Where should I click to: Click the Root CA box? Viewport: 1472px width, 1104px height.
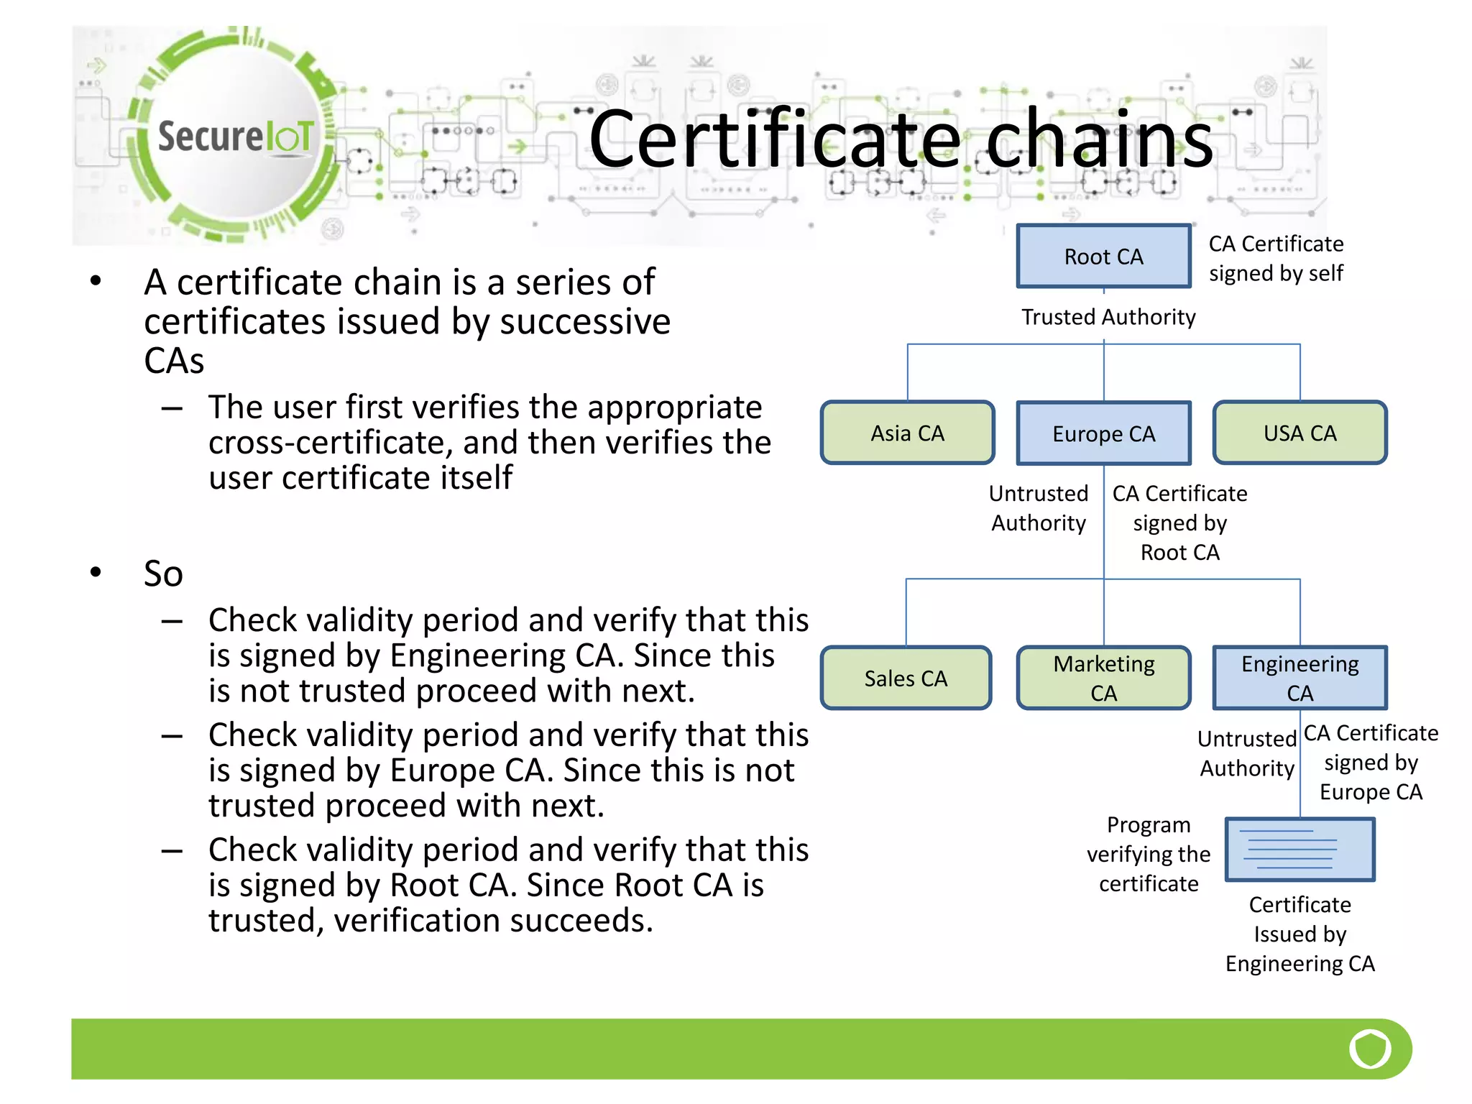[x=1103, y=257]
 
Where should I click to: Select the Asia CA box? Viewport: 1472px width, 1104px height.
[x=907, y=433]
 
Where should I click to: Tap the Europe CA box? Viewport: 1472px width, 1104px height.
[x=1103, y=433]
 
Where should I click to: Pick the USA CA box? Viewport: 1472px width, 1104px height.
[x=1299, y=433]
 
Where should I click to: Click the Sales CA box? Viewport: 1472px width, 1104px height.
[x=906, y=678]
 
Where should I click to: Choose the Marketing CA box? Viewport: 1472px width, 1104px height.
[x=1103, y=678]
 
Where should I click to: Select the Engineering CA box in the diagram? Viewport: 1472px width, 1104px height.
[x=1299, y=678]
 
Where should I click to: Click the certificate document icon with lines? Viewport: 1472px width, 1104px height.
[x=1299, y=850]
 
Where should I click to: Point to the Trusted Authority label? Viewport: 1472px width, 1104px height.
[x=1108, y=317]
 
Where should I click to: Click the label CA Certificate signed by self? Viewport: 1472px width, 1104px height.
[x=1276, y=258]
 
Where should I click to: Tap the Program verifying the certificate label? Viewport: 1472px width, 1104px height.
[x=1148, y=854]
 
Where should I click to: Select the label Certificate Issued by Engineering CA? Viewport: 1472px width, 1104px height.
[x=1299, y=934]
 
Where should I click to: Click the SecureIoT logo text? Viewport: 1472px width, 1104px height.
[x=236, y=137]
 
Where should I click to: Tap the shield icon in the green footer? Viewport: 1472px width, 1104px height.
[x=1370, y=1049]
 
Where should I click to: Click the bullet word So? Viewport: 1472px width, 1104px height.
[x=163, y=574]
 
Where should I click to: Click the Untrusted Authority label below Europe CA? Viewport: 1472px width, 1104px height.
[x=1038, y=508]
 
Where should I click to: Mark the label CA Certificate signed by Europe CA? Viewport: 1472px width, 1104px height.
[x=1370, y=762]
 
